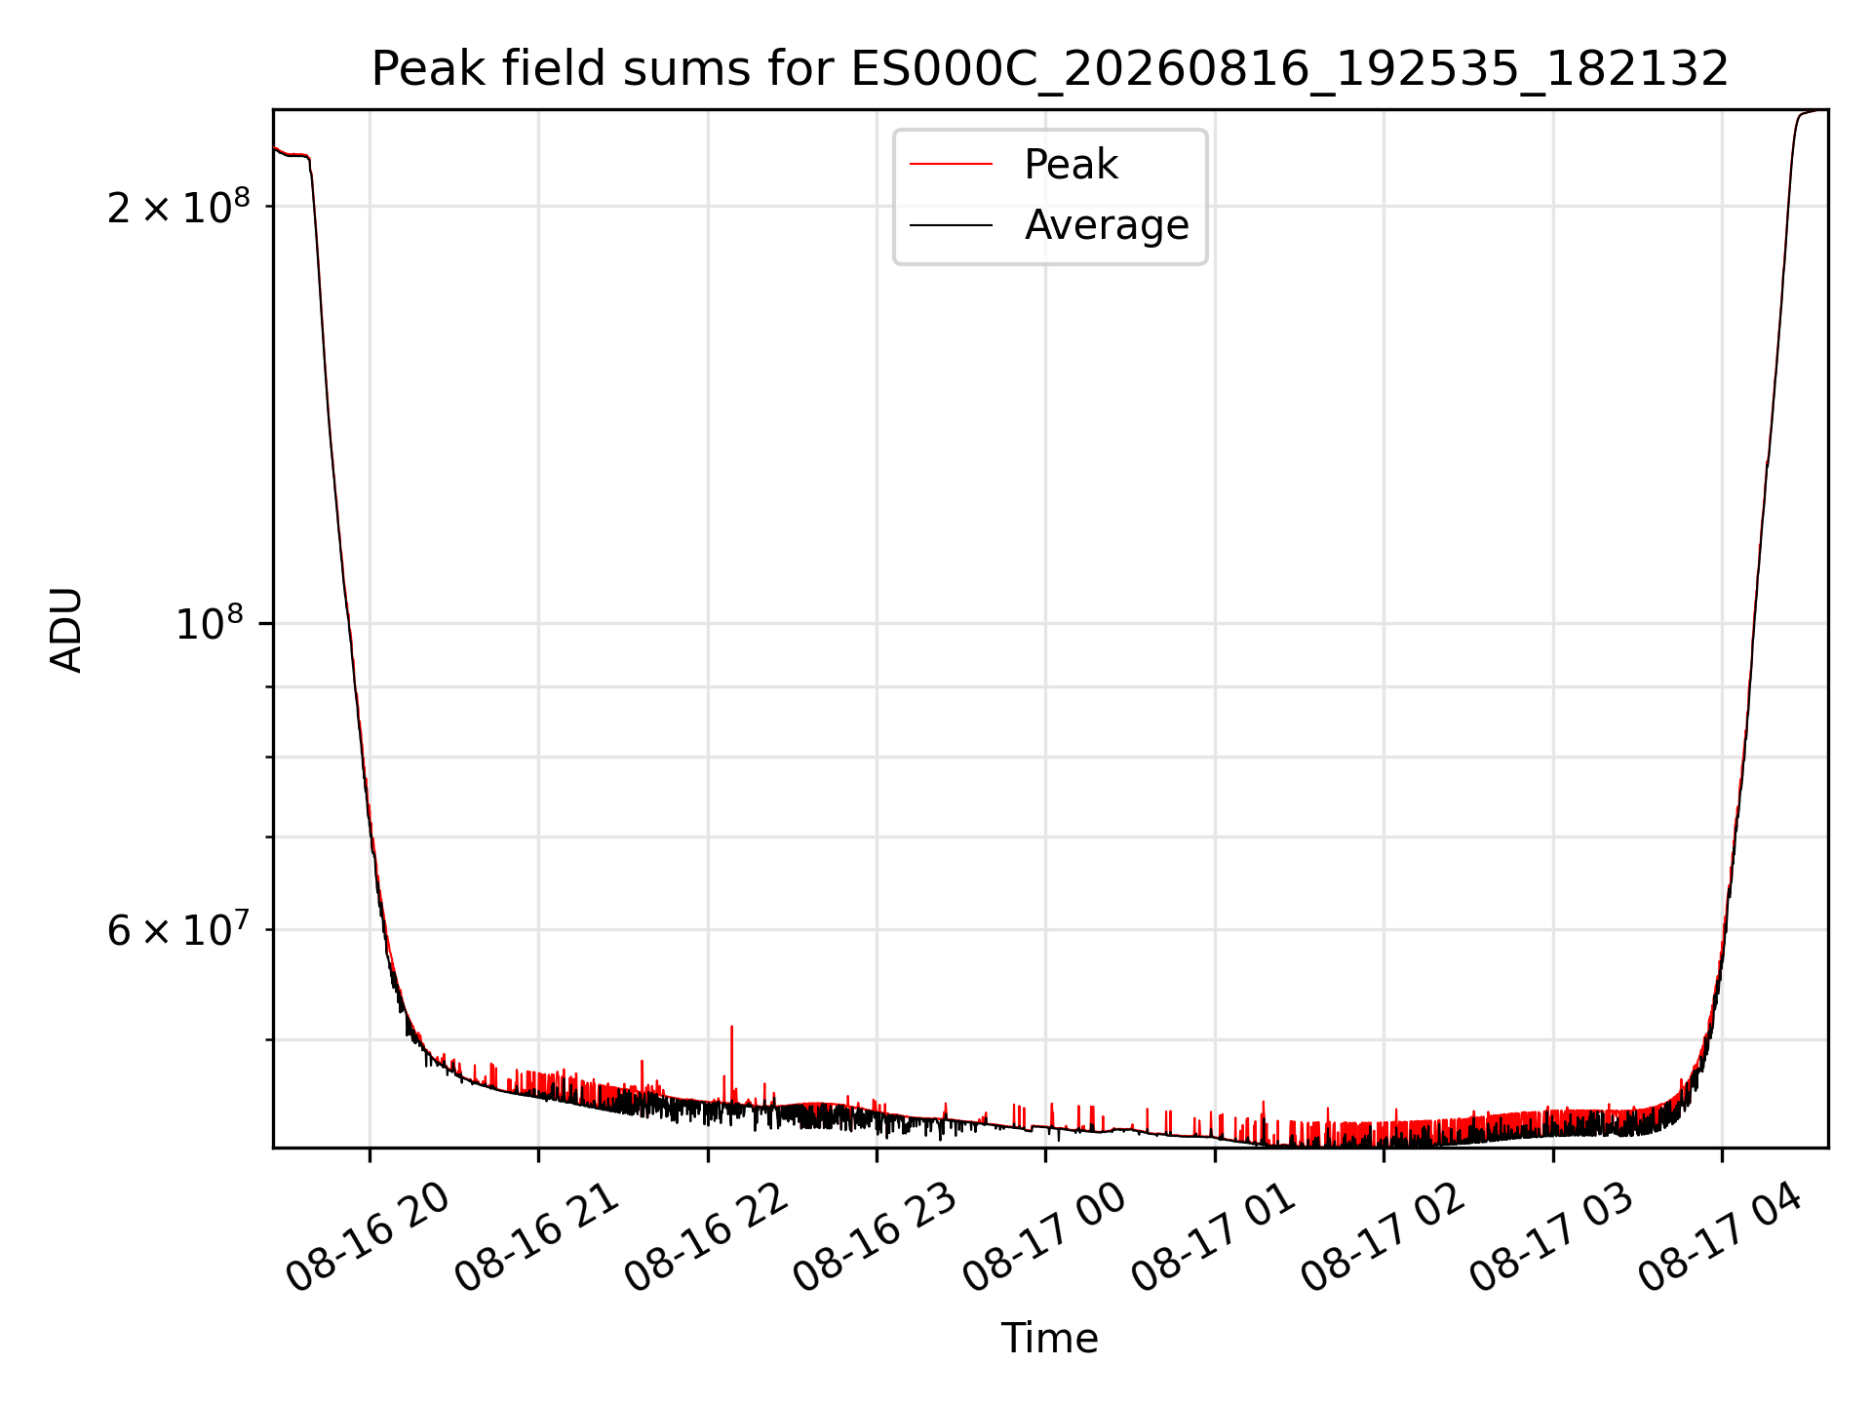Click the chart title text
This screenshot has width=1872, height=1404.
click(x=1050, y=68)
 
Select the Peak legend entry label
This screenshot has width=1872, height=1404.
click(x=1071, y=165)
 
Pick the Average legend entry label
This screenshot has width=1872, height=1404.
click(x=1107, y=225)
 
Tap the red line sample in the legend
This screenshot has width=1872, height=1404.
click(x=951, y=165)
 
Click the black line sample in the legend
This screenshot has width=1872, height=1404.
click(x=951, y=225)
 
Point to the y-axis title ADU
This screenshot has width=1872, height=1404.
click(x=66, y=629)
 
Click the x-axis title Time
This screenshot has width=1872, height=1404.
click(x=1050, y=1338)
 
